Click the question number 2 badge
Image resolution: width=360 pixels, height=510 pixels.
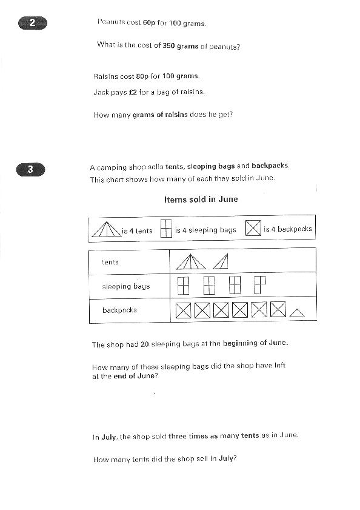33,23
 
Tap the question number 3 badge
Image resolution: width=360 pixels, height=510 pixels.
30,169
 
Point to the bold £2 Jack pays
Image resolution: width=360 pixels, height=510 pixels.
133,92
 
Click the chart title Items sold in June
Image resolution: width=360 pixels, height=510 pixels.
201,200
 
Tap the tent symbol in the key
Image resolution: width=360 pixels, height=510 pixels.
106,229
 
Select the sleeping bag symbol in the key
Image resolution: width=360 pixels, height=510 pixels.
166,229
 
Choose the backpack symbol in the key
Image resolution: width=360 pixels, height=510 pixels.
253,228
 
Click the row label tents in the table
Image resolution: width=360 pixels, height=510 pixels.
110,262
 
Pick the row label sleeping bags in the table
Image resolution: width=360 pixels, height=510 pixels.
126,286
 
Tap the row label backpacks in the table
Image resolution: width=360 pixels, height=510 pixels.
119,310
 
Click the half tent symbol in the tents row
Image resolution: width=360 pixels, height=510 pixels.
221,261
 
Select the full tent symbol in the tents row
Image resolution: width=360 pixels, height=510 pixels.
191,262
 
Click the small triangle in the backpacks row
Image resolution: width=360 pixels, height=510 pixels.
297,313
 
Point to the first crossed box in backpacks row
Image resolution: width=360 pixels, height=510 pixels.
184,310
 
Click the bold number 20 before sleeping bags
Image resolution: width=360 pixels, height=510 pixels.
145,344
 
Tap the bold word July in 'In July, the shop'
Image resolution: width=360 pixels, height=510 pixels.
108,437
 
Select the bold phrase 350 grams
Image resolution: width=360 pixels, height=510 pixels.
181,46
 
